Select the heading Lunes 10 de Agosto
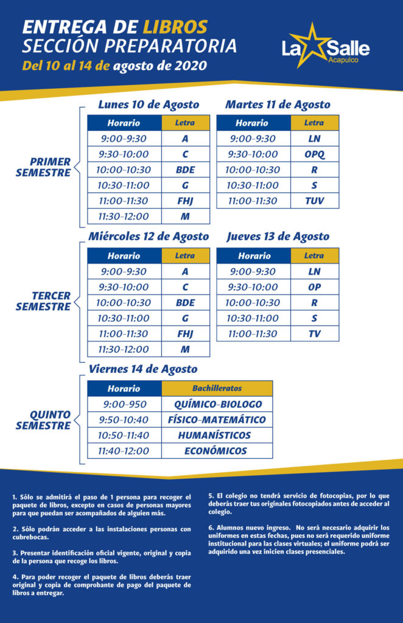[x=149, y=105]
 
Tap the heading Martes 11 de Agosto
[x=278, y=105]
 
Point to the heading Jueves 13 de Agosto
[x=278, y=237]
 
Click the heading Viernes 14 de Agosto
[x=143, y=369]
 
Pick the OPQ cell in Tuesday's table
[x=315, y=155]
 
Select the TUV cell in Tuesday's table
[x=315, y=201]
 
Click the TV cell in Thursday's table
[x=315, y=333]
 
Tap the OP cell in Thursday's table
[x=315, y=287]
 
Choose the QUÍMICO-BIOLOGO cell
[x=217, y=404]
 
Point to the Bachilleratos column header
[x=217, y=388]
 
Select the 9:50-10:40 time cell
[x=124, y=420]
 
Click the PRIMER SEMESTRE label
[x=51, y=167]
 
